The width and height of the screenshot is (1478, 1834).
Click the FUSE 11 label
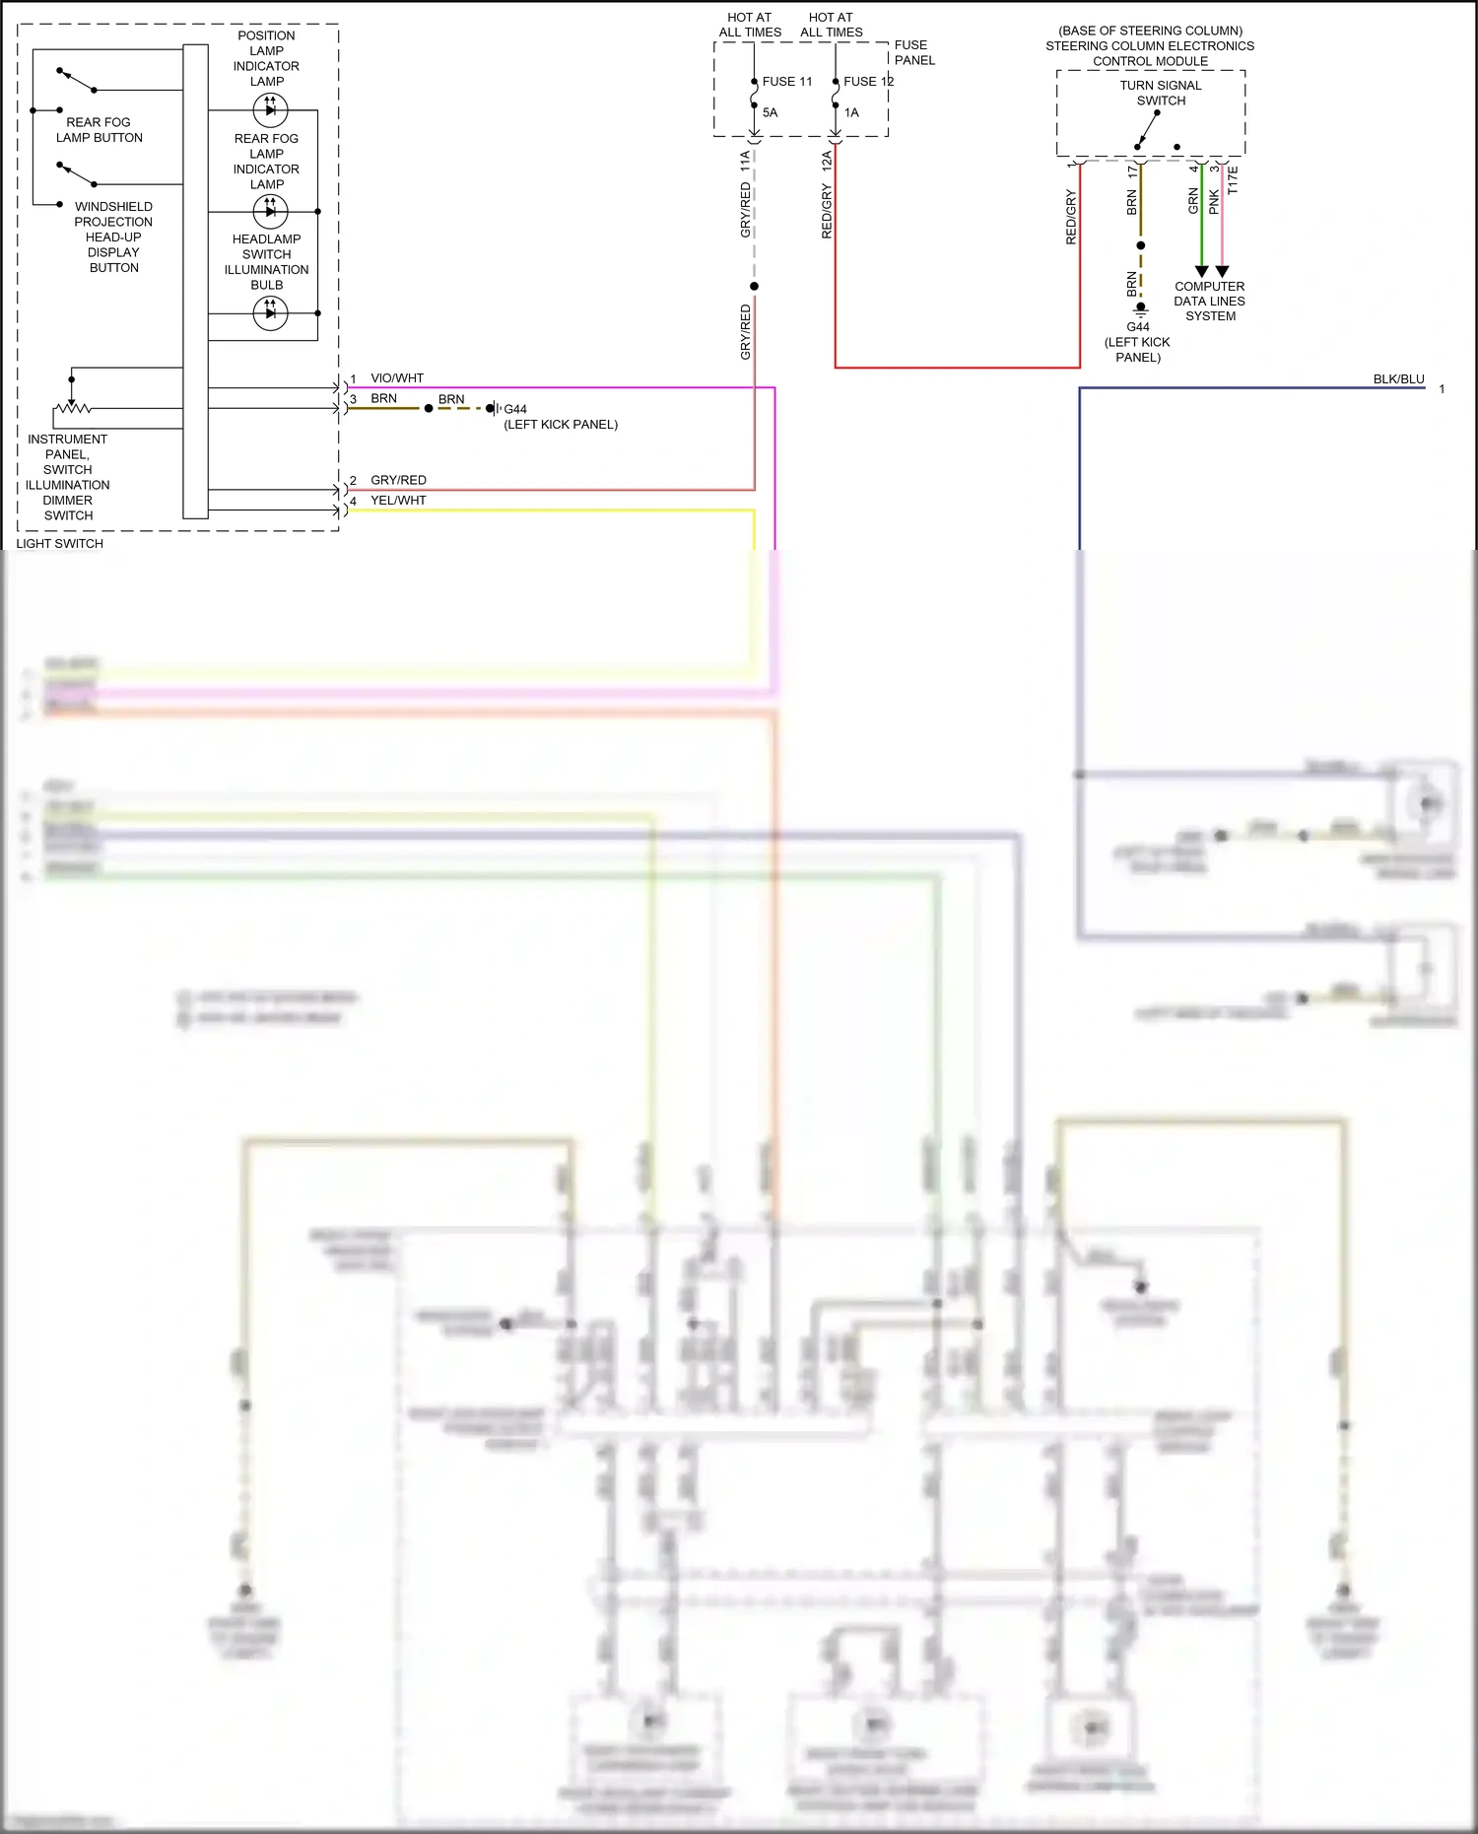787,82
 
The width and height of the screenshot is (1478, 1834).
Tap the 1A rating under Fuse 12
851,112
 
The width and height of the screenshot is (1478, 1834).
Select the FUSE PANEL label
913,52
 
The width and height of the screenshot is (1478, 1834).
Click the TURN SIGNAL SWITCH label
1160,93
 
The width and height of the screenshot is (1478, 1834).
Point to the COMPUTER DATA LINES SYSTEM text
1209,301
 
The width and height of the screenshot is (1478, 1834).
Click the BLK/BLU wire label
1398,378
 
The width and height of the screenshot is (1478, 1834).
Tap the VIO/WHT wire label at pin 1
397,377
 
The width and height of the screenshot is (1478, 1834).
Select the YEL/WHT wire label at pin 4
398,500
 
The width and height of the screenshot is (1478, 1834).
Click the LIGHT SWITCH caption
59,543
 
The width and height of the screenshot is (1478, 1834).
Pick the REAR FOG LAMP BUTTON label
99,130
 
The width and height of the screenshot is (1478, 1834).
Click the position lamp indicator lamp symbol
270,109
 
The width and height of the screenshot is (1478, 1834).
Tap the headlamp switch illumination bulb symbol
270,313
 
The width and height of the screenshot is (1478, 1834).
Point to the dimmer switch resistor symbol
72,407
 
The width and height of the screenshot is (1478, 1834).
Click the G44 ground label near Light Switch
515,409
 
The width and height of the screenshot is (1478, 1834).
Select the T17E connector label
1233,179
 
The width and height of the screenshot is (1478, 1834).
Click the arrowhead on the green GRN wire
1201,271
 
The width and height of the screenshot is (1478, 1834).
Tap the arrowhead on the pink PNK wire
1222,271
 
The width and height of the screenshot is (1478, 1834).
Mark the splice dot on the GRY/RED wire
754,286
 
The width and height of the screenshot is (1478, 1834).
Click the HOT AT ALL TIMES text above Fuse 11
750,25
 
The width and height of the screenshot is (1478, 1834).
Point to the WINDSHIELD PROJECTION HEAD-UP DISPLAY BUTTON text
113,237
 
